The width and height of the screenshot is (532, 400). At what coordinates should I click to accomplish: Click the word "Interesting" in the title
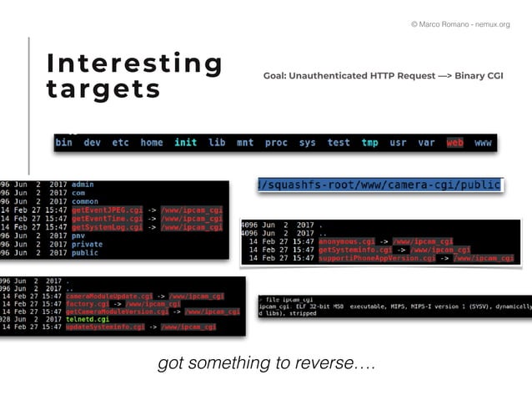pos(134,64)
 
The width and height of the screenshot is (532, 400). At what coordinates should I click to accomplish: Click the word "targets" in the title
pos(103,89)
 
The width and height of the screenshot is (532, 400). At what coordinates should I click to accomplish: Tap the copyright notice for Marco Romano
pos(459,24)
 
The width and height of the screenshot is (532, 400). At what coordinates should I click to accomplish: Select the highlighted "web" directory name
pos(454,143)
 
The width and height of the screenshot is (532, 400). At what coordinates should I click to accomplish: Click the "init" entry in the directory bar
pos(185,143)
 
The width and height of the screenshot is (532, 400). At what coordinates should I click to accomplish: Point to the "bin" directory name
pos(64,143)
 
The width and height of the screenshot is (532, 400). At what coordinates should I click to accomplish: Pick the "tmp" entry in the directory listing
pos(369,143)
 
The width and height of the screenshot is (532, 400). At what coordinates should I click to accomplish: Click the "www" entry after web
pos(483,143)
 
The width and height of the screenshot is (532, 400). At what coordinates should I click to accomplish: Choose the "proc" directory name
pos(276,143)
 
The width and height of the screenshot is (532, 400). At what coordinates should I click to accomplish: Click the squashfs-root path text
pos(380,184)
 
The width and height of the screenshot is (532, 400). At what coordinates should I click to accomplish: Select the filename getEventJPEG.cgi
pos(107,210)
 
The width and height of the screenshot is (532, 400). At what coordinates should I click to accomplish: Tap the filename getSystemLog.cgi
pos(107,226)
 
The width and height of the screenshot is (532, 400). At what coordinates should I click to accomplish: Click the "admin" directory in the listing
pos(83,185)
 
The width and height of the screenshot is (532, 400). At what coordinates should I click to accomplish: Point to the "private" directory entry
pos(88,244)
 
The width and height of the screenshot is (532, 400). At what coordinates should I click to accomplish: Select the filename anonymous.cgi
pos(346,241)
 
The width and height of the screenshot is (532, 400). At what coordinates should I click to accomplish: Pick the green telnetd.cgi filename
pos(88,319)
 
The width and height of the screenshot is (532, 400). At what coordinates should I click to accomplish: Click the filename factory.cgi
pos(87,304)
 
